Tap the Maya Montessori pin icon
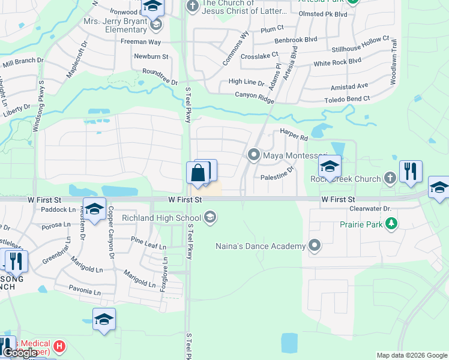tap(254, 155)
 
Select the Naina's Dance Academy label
tap(261, 245)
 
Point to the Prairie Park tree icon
tap(391, 224)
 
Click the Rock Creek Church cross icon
tap(390, 178)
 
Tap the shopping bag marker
tap(197, 174)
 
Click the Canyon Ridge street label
tap(254, 95)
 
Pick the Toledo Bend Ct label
tap(347, 100)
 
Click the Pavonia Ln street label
tap(85, 292)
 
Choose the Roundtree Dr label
tap(160, 76)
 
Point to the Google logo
tap(20, 353)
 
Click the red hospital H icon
tap(59, 346)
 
